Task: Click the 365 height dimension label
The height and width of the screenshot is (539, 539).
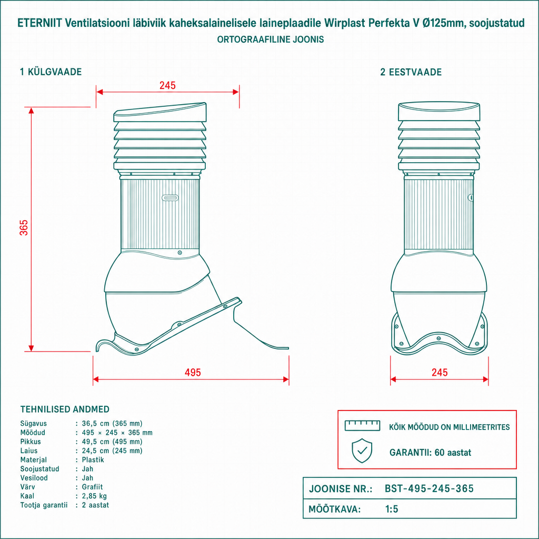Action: point(24,227)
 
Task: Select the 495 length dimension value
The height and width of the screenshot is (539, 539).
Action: point(193,372)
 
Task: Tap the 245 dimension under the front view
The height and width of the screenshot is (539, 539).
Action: point(440,372)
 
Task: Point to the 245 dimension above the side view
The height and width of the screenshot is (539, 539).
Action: point(167,85)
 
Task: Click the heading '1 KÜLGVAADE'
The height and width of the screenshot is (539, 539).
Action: point(51,72)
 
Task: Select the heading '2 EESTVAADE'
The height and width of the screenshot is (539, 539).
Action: point(411,72)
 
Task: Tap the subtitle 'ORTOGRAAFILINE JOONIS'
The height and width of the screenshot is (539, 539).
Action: point(271,39)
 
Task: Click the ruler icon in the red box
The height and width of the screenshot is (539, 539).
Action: point(362,425)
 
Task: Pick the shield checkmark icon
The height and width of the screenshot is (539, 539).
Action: point(362,451)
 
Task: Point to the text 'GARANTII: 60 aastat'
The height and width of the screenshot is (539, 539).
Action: point(430,452)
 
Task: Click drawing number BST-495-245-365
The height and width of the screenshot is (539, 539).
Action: point(429,488)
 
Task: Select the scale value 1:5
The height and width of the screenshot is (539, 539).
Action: point(392,509)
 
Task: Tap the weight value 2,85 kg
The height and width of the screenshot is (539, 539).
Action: point(94,496)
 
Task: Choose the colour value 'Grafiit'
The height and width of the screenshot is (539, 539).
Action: point(92,487)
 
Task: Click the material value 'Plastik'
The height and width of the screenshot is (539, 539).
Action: point(93,460)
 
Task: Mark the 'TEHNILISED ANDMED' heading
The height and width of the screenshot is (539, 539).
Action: point(65,409)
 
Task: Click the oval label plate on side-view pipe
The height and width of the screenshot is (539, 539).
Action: point(170,198)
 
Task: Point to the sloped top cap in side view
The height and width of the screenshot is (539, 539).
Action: point(160,112)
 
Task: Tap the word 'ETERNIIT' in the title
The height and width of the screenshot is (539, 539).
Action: point(39,23)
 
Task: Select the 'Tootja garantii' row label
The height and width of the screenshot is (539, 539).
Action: point(44,505)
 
